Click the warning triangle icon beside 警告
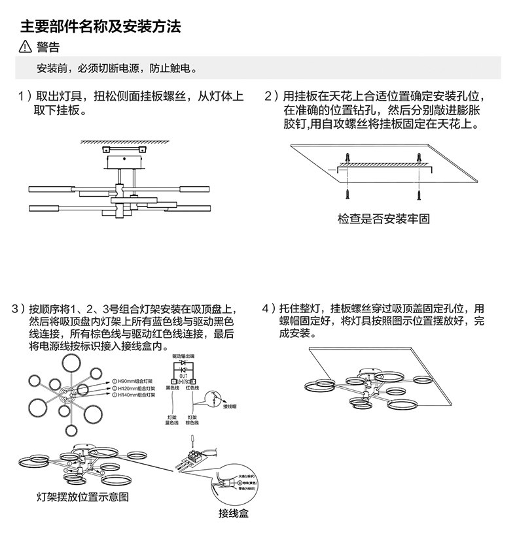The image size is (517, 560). point(26,47)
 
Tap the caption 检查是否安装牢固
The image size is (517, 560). point(383,219)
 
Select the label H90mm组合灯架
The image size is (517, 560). point(134,380)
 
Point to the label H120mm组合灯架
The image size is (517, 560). point(135,387)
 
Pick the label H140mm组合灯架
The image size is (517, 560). point(135,395)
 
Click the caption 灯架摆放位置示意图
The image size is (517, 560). point(82,497)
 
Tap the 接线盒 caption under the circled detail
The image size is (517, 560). point(234,513)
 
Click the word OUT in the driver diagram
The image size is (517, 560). point(183,376)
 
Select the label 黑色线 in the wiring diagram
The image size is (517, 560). point(172,388)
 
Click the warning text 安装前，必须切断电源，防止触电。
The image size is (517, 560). point(117,69)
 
